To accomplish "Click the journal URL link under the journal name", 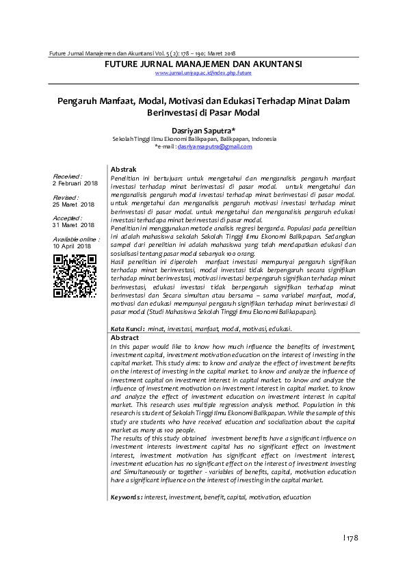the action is point(203,73).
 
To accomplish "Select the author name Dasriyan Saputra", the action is point(203,129).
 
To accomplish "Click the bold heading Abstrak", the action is point(124,169).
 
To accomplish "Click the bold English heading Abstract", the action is point(124,338).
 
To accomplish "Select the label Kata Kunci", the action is point(127,329).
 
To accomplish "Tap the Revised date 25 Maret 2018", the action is point(73,204).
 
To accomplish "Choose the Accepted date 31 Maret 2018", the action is point(73,224).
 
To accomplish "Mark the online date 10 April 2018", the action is point(72,246).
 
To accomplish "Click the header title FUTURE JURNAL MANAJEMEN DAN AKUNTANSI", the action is point(203,64).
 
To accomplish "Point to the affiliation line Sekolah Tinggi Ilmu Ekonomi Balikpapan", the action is point(194,139).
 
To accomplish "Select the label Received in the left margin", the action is point(67,176).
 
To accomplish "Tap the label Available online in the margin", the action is point(75,239).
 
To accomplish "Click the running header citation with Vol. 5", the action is point(140,53).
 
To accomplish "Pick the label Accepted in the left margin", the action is point(67,218).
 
